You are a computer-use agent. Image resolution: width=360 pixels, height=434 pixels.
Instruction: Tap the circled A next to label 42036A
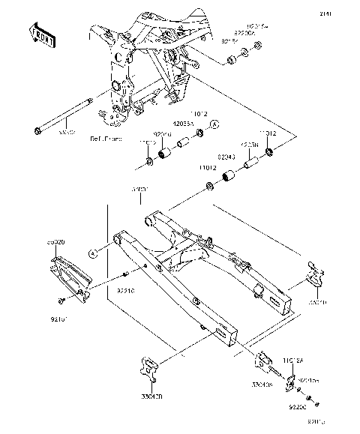(x=213, y=124)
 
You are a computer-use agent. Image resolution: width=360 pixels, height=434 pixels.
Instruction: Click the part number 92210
(x=125, y=287)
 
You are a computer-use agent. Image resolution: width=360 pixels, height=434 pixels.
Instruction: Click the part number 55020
(x=57, y=244)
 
